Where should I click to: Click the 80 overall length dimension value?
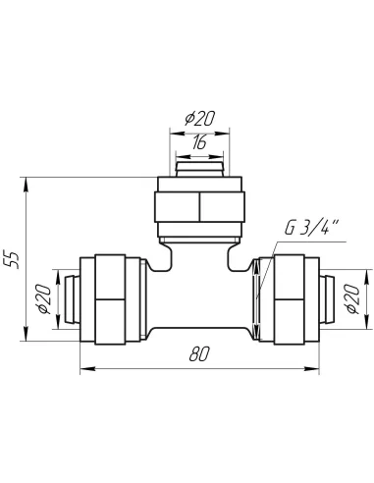[x=198, y=354]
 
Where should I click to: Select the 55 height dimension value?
[x=14, y=260]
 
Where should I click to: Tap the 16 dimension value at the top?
[x=199, y=142]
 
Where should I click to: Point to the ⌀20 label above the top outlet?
[x=199, y=119]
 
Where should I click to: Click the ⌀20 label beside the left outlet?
[x=44, y=299]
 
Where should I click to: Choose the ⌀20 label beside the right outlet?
[x=352, y=299]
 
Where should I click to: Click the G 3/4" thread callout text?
[x=311, y=228]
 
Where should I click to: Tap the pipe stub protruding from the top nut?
[x=199, y=169]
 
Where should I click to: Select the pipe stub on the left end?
[x=72, y=299]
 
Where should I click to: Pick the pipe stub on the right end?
[x=327, y=299]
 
